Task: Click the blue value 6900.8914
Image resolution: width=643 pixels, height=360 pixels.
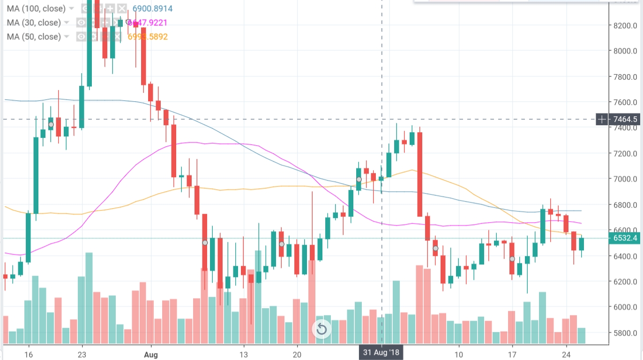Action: pyautogui.click(x=152, y=8)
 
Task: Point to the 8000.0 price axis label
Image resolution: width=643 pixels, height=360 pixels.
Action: pyautogui.click(x=626, y=51)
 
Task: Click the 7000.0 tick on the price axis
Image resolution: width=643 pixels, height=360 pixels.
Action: pyautogui.click(x=626, y=179)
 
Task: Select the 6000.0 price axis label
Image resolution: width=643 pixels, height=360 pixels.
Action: pyautogui.click(x=626, y=307)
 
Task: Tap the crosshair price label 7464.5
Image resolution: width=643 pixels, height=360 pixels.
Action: pyautogui.click(x=625, y=120)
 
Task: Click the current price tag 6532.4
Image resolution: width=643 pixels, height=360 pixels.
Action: pyautogui.click(x=625, y=238)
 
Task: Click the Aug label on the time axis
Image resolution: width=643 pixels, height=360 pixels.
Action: pyautogui.click(x=151, y=354)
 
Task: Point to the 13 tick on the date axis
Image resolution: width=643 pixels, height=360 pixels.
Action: pyautogui.click(x=243, y=354)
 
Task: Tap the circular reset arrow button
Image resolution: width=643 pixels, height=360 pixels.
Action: pyautogui.click(x=321, y=329)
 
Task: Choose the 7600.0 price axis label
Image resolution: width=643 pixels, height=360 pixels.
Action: pyautogui.click(x=626, y=102)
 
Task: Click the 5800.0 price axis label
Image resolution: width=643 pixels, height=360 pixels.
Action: pyautogui.click(x=626, y=333)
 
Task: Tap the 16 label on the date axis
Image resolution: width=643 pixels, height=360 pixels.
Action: pyautogui.click(x=29, y=354)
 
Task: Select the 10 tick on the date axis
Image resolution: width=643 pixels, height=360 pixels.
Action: pyautogui.click(x=458, y=354)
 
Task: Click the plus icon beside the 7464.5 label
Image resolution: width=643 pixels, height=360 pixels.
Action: pyautogui.click(x=602, y=120)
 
